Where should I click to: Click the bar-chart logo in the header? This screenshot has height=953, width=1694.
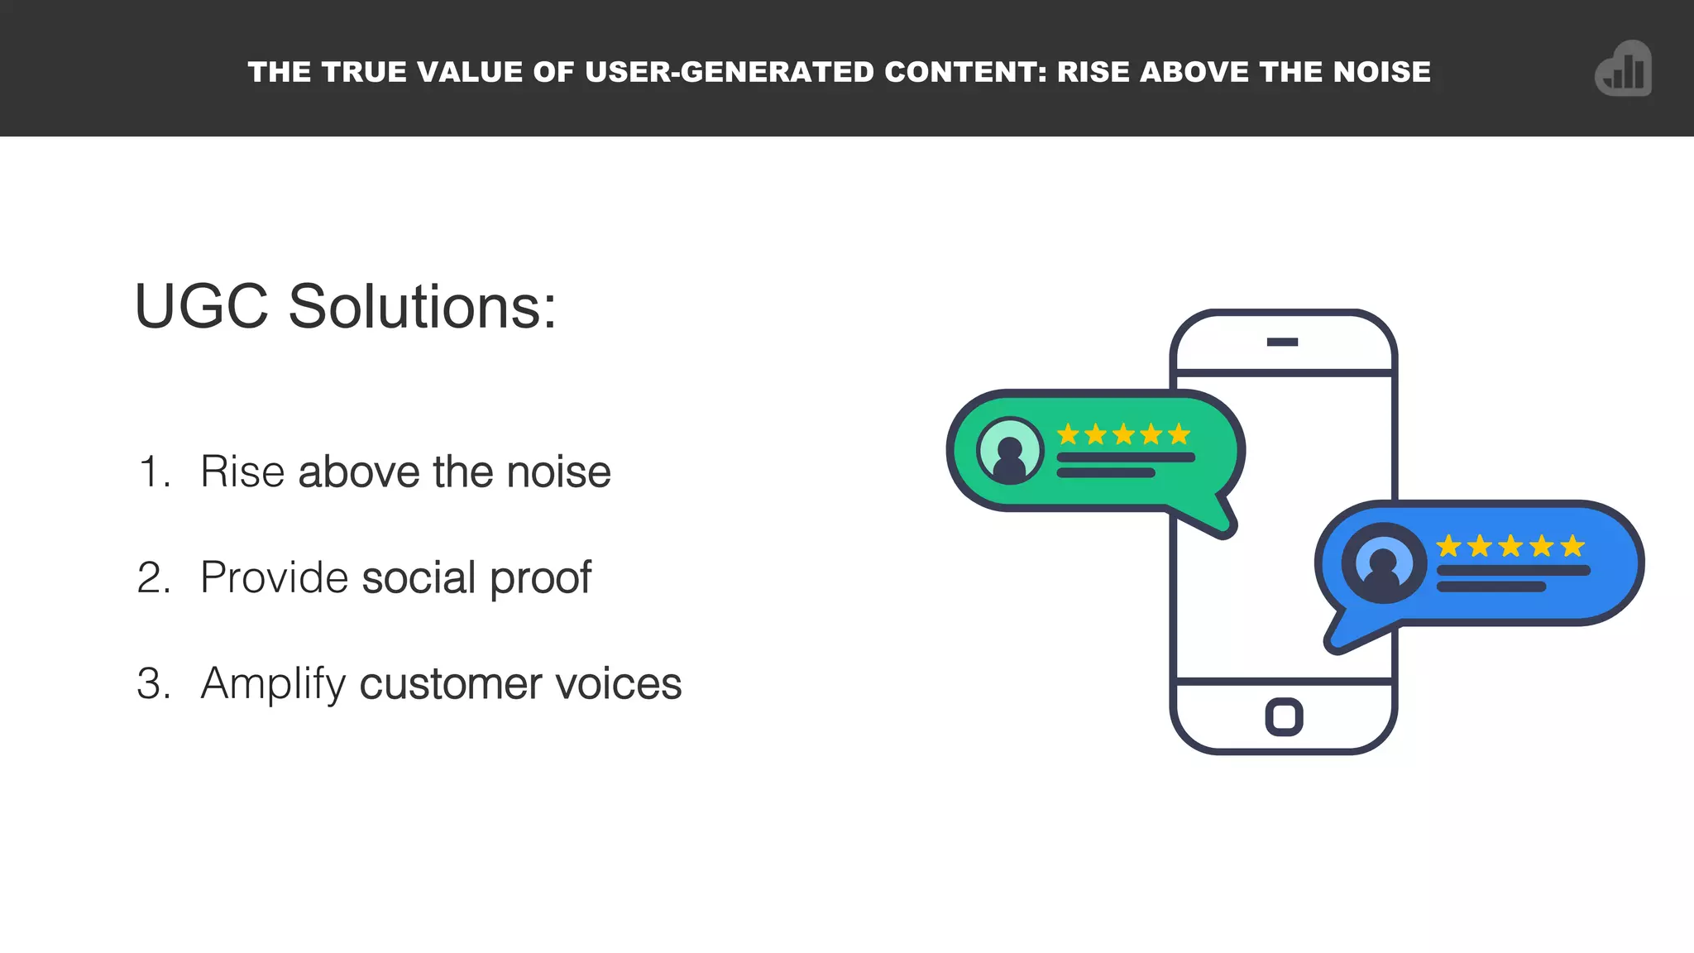click(1624, 69)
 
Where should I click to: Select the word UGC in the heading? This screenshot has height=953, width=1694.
click(201, 307)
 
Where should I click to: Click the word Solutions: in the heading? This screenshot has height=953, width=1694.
click(422, 307)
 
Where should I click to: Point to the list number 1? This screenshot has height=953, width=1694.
click(153, 472)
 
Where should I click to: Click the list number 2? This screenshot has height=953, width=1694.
click(154, 577)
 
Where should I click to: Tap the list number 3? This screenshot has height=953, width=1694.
click(154, 683)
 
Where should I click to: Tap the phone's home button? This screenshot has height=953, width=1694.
click(1284, 716)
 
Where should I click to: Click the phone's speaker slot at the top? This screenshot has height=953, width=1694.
click(1282, 342)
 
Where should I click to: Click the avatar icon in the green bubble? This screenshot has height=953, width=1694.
click(1009, 451)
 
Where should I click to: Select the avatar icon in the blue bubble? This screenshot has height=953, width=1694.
click(1383, 563)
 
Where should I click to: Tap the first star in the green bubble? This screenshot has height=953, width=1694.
click(1068, 434)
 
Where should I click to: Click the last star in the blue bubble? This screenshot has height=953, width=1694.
click(1572, 546)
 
